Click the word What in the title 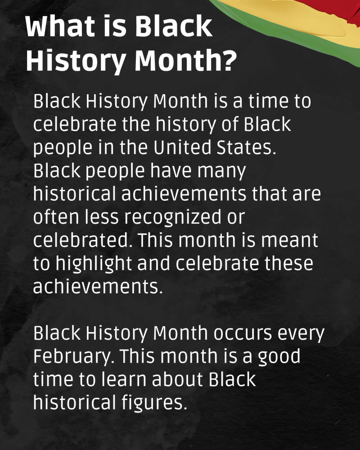[60, 27]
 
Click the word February [73, 357]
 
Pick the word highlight [94, 264]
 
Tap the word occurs [243, 334]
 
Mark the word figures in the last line [154, 403]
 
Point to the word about [177, 379]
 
